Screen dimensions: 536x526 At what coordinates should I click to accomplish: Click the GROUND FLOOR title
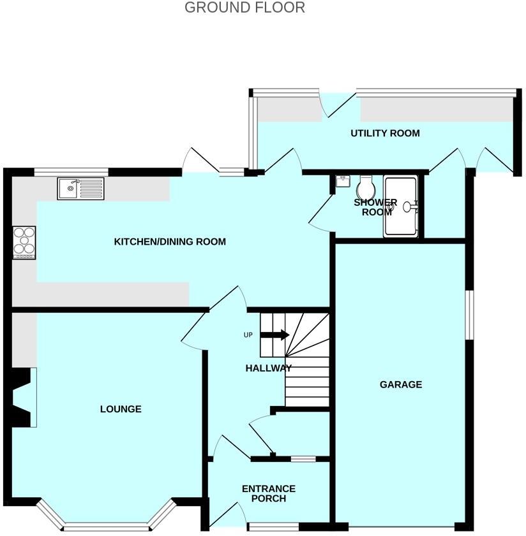point(244,8)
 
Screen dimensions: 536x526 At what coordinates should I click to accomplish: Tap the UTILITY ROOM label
point(385,133)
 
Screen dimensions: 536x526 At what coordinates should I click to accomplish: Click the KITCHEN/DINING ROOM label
point(170,242)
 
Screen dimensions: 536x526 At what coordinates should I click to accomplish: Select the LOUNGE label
point(121,409)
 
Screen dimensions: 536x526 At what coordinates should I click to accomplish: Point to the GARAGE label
point(401,384)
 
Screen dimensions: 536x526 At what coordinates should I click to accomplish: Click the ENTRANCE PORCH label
point(268,493)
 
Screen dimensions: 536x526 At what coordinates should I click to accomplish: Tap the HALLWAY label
point(269,368)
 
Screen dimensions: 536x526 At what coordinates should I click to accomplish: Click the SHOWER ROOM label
point(376,207)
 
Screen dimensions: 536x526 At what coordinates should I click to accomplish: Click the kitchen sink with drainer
point(80,189)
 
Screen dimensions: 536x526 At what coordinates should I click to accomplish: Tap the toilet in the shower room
point(366,187)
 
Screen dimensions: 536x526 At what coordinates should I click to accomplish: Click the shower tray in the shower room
point(400,206)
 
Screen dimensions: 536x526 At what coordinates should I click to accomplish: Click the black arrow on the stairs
point(275,335)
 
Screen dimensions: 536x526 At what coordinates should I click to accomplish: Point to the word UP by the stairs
point(248,335)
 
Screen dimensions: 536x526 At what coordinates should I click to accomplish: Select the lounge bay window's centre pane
point(107,526)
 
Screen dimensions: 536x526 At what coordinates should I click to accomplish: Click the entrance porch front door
point(227,513)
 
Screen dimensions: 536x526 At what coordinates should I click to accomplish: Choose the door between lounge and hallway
point(195,329)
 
